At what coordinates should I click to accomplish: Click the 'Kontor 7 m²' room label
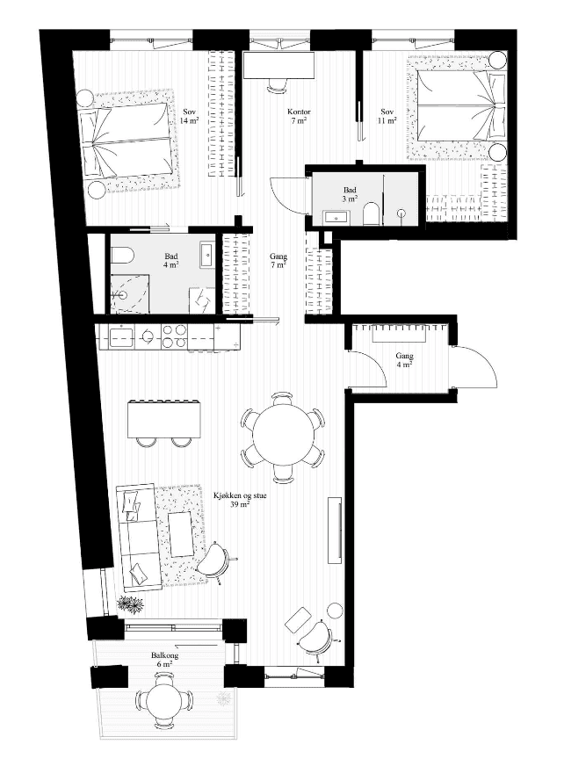pos(299,116)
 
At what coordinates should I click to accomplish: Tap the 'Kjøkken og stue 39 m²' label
pos(240,500)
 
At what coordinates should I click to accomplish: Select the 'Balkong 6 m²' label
pos(164,660)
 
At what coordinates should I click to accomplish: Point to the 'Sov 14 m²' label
pos(189,116)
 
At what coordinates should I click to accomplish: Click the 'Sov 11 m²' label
pos(387,116)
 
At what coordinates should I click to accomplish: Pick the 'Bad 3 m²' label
pos(350,194)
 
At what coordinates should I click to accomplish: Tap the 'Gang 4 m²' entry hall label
pos(404,360)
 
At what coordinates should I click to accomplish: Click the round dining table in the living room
pos(284,437)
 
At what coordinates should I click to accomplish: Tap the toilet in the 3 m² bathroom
pos(371,213)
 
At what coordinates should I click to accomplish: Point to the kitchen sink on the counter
pos(121,337)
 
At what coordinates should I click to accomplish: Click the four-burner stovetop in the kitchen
pos(175,336)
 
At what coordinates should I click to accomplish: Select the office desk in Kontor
pos(279,66)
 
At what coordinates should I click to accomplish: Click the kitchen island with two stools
pos(164,419)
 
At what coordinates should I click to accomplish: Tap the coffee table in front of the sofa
pos(180,533)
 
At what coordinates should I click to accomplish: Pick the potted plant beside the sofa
pos(131,603)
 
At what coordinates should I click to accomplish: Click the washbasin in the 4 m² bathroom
pos(207,254)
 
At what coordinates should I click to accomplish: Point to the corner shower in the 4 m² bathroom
pos(127,293)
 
